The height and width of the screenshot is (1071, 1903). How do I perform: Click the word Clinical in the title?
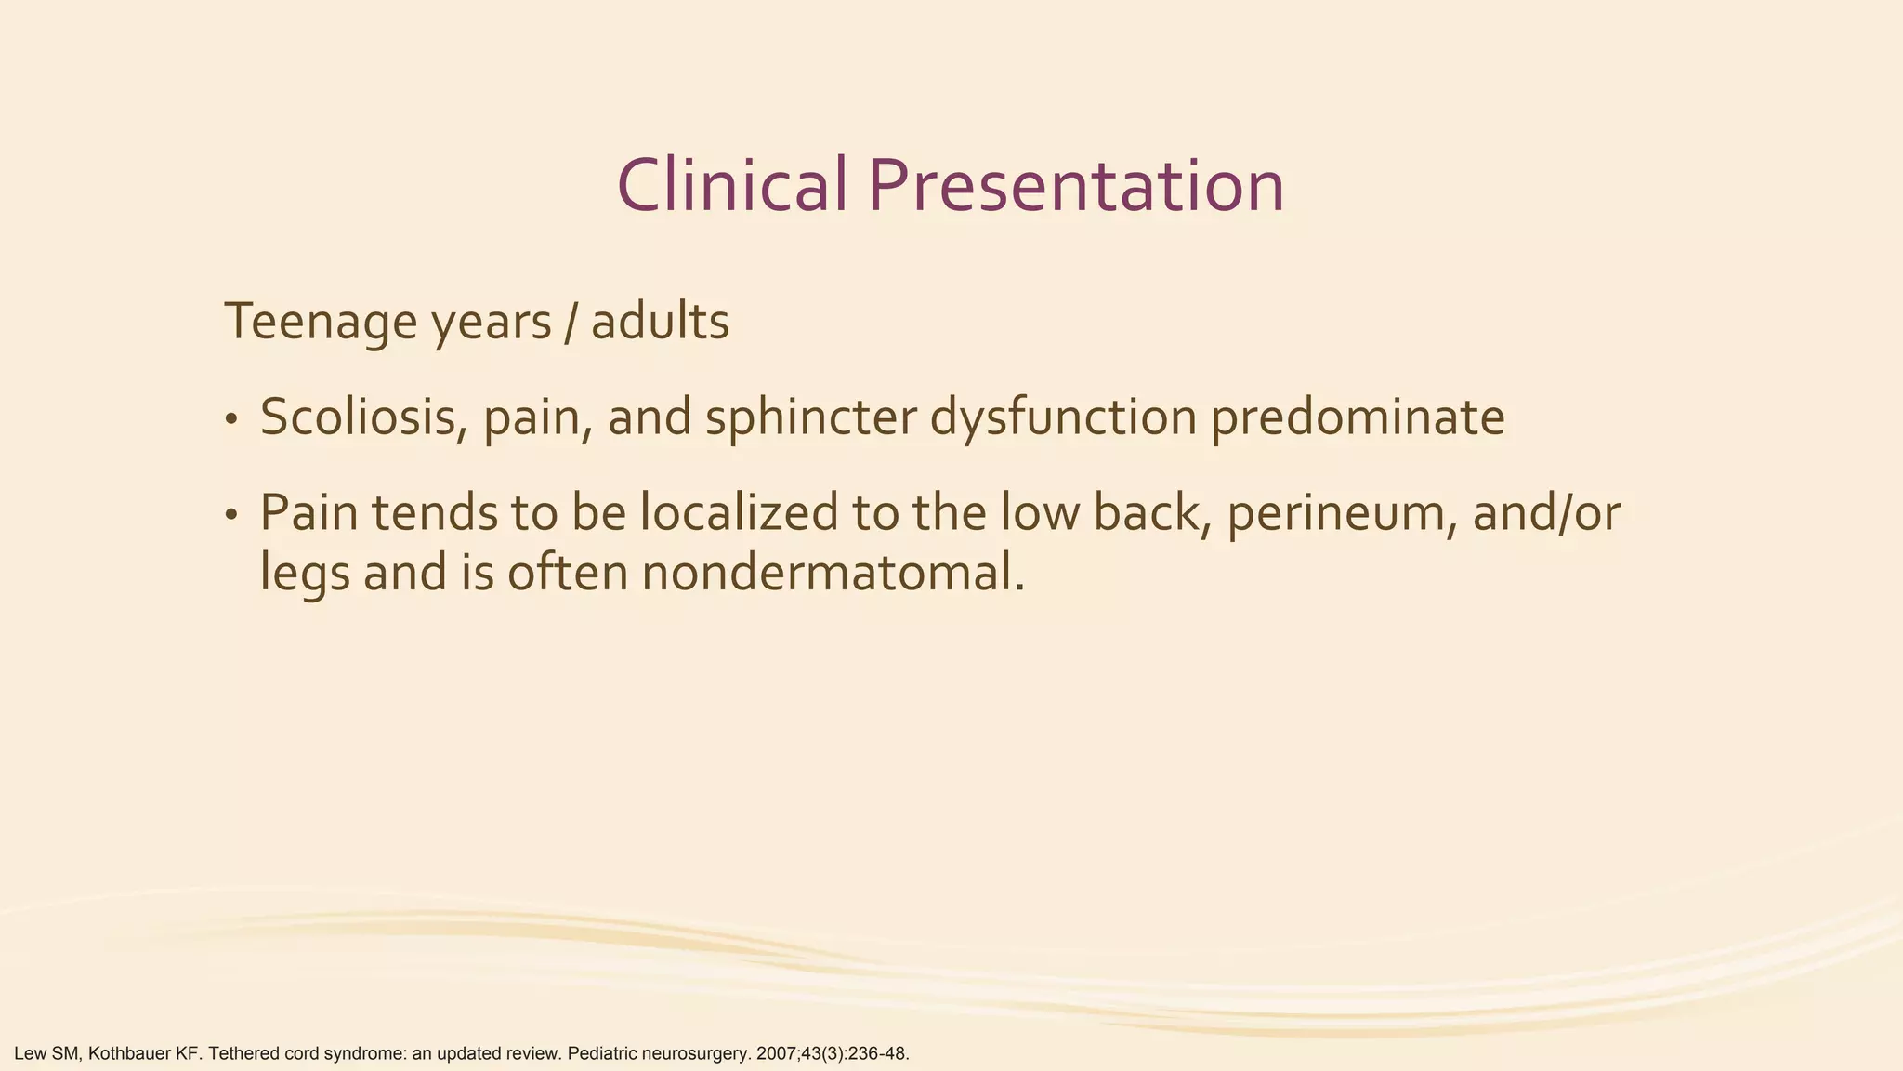[731, 185]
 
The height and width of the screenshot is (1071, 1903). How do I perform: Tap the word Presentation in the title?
[1076, 185]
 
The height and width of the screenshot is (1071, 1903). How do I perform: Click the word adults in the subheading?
[660, 323]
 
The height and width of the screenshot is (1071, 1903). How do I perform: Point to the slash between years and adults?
[571, 323]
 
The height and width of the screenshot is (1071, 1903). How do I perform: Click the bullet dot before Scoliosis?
[231, 420]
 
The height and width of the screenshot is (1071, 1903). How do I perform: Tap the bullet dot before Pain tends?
[231, 516]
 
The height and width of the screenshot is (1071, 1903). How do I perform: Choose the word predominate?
[1357, 417]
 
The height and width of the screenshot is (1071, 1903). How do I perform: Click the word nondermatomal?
[833, 573]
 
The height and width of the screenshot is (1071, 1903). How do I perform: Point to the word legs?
[305, 575]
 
